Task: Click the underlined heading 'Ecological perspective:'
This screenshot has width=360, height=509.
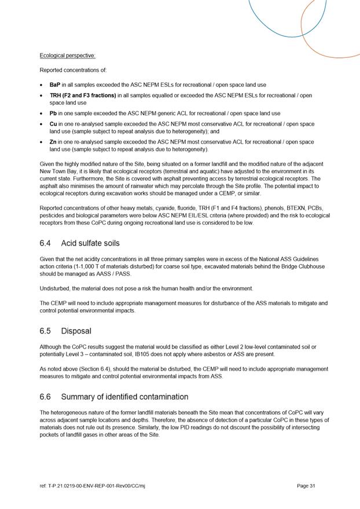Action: point(67,56)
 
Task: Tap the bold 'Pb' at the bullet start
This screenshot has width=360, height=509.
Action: point(53,113)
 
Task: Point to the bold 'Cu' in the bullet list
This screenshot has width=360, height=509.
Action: point(53,124)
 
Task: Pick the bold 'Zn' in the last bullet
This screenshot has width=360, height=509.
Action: point(53,142)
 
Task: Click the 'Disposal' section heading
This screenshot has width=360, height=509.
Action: point(76,331)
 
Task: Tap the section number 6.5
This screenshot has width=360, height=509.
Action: point(46,331)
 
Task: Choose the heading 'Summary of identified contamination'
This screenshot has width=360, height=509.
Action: point(124,397)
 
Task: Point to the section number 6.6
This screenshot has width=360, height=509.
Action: point(46,397)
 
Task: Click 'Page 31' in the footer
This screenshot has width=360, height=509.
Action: point(306,486)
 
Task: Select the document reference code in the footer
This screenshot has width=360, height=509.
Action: point(92,486)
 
